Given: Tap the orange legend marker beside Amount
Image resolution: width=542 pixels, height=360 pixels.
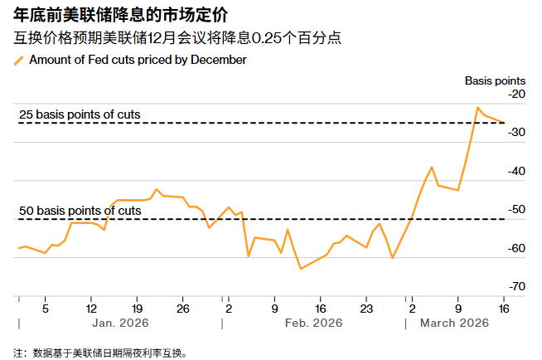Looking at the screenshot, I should [x=19, y=61].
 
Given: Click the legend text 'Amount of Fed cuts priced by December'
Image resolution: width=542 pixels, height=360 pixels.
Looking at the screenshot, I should [x=138, y=60].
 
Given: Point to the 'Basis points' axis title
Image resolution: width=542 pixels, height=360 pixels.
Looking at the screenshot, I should [x=495, y=80].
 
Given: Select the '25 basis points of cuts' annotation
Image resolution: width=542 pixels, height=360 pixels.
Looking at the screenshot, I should [x=80, y=114].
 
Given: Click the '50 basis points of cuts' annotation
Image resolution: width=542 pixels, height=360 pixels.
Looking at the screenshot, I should [x=80, y=211].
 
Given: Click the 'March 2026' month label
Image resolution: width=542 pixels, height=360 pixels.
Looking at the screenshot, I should [x=454, y=322].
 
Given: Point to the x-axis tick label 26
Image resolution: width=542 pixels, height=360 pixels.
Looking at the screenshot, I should [x=183, y=304].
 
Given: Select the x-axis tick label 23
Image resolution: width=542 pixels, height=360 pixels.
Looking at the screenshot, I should [x=365, y=304].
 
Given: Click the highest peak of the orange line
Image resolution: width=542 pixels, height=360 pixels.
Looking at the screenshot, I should [x=478, y=107].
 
